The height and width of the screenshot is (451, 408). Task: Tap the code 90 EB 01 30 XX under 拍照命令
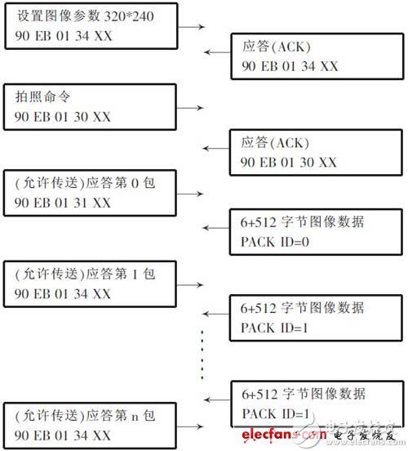click(62, 117)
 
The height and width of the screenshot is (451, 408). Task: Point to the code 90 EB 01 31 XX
click(62, 202)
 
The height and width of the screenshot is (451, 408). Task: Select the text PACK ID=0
click(277, 242)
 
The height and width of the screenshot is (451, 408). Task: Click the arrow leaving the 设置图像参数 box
click(193, 27)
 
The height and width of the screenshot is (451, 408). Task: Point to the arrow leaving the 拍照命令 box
click(193, 107)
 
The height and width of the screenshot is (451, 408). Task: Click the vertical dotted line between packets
click(202, 355)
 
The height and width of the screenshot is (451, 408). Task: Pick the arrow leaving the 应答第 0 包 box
click(193, 194)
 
